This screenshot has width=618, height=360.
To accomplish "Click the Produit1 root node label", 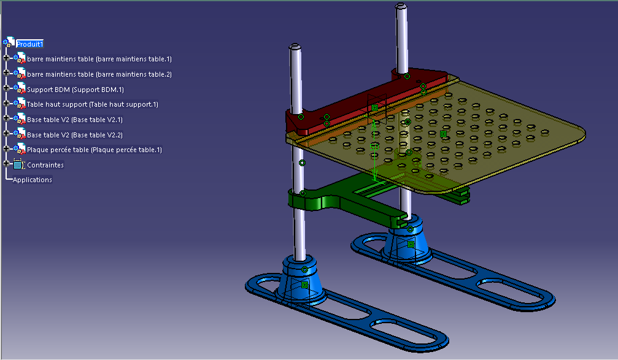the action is click(x=29, y=44).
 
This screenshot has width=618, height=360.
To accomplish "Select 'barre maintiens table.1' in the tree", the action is click(x=99, y=59).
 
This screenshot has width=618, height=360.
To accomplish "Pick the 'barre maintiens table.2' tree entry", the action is click(x=99, y=74).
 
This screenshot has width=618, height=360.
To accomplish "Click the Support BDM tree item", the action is click(x=75, y=90).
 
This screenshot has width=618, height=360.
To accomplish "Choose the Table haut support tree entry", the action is click(x=92, y=104).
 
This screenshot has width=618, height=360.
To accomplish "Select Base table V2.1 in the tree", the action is click(x=75, y=120).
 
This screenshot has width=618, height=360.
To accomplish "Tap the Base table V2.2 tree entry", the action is click(x=75, y=135).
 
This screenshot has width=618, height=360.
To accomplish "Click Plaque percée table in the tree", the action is click(x=94, y=150).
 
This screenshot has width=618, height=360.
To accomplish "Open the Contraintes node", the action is click(x=45, y=165).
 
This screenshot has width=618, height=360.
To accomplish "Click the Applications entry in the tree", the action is click(x=33, y=180).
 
